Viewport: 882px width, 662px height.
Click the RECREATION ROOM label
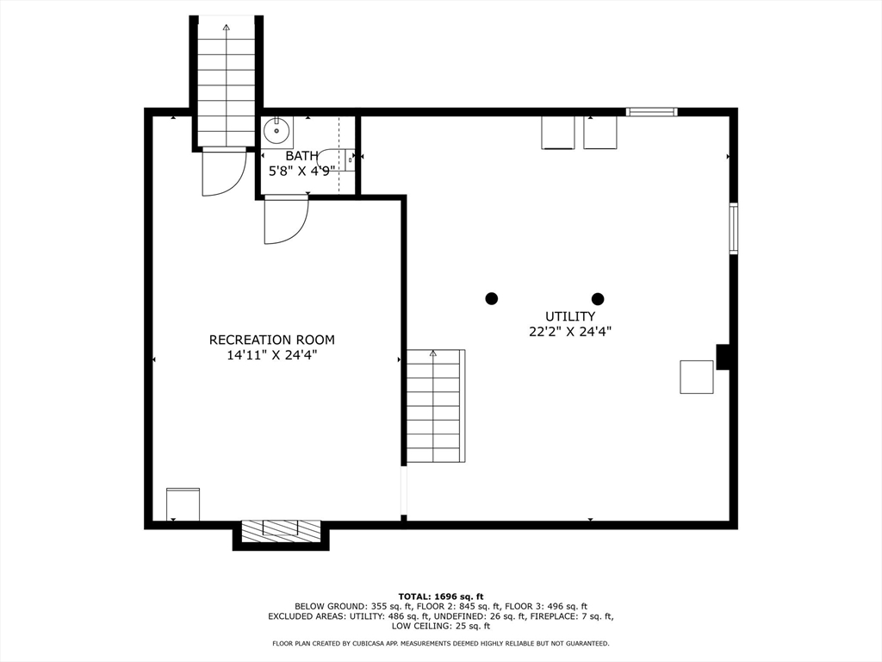coord(271,340)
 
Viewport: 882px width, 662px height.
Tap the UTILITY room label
coord(569,316)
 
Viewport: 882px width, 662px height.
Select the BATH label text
coord(301,156)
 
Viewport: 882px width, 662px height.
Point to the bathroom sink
coord(277,132)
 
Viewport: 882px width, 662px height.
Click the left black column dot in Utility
coord(492,298)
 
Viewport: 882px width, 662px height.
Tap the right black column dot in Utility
coord(598,298)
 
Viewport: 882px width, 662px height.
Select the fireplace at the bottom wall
coord(281,531)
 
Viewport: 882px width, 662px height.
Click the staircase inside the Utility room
coord(435,406)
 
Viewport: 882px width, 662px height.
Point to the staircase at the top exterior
coord(226,82)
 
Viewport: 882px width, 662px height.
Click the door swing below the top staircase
coord(223,172)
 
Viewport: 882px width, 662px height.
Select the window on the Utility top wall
coord(651,111)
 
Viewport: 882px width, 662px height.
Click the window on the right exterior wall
coord(733,228)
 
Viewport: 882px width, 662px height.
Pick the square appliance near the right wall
coord(696,377)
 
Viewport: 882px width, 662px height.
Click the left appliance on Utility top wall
coord(558,132)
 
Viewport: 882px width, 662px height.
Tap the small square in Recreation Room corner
coord(183,504)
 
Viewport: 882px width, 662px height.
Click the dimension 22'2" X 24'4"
coord(569,331)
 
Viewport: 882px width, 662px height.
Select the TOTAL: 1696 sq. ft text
coord(440,596)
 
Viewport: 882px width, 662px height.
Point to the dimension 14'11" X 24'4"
coord(271,354)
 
